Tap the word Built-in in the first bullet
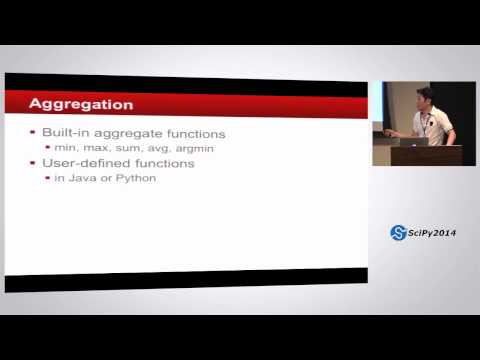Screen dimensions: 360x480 pos(63,133)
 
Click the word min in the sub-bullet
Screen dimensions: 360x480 pos(64,147)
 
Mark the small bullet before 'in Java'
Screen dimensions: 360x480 pos(47,177)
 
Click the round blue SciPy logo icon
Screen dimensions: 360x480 pos(397,233)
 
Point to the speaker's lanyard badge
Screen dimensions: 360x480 pos(427,124)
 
